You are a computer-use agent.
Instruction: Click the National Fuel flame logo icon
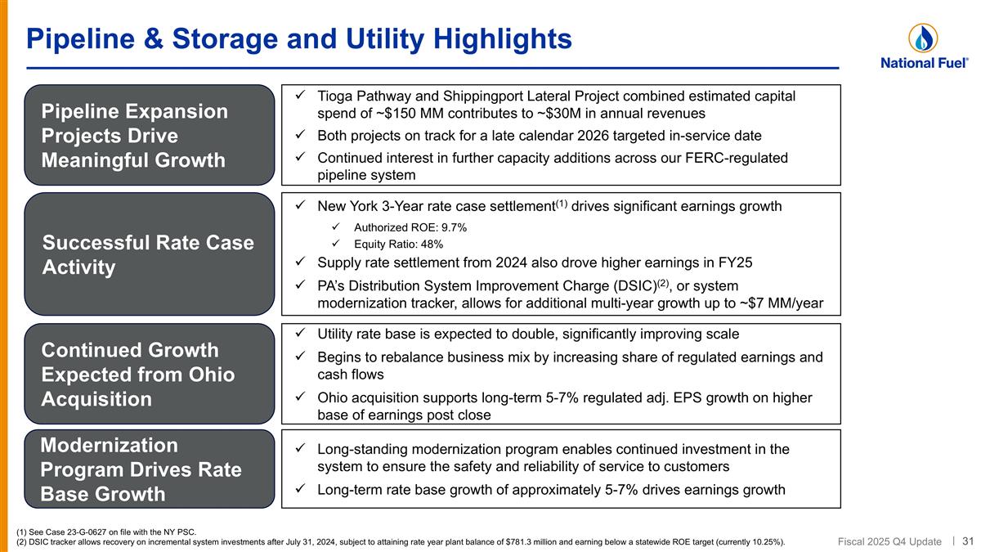pyautogui.click(x=923, y=38)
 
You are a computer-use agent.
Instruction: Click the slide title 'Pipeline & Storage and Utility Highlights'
pyautogui.click(x=298, y=38)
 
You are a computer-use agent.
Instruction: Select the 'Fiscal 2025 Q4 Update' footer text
pyautogui.click(x=890, y=541)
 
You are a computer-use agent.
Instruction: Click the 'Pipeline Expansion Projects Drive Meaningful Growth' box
pyautogui.click(x=149, y=135)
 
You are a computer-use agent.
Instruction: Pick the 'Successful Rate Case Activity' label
pyautogui.click(x=148, y=255)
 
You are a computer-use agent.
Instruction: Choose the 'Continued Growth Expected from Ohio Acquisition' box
pyautogui.click(x=149, y=375)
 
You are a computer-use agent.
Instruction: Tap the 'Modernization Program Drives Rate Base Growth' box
pyautogui.click(x=149, y=469)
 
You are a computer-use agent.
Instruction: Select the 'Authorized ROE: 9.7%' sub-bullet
pyautogui.click(x=410, y=227)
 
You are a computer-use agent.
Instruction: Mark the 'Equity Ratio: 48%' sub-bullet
pyautogui.click(x=399, y=244)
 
